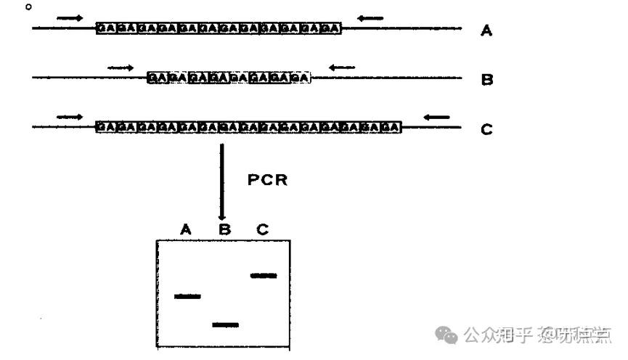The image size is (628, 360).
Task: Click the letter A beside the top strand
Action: click(486, 31)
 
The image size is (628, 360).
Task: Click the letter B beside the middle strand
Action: click(487, 80)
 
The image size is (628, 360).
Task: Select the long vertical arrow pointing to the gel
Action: click(222, 181)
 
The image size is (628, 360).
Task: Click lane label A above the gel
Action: click(186, 229)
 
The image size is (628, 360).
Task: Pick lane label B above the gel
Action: click(224, 229)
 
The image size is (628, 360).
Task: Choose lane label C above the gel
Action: click(262, 229)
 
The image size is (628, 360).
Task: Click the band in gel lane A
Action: click(187, 296)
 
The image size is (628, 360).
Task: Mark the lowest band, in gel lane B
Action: click(225, 324)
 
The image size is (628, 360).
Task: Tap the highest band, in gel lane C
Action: click(263, 275)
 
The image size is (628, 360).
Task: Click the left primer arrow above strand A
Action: click(70, 17)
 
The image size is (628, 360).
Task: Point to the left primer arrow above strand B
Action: click(121, 67)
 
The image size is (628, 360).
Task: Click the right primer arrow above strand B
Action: click(341, 67)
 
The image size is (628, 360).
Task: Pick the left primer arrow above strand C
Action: click(70, 116)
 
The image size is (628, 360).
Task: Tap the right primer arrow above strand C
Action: click(437, 116)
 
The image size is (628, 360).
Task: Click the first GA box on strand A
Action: click(106, 28)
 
